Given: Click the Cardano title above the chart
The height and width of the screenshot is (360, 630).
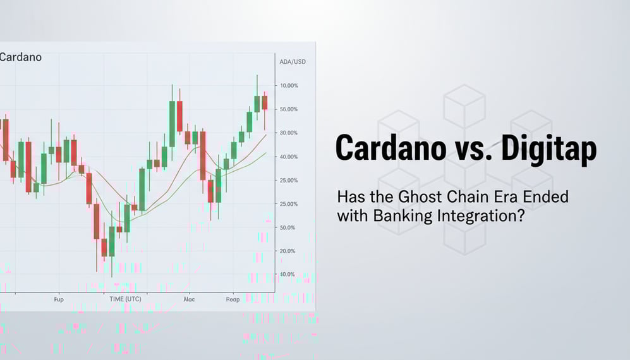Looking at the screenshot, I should click(21, 57).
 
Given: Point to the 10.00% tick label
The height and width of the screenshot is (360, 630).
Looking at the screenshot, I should click(288, 85).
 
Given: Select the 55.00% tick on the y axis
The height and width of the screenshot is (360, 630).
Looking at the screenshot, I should click(288, 109).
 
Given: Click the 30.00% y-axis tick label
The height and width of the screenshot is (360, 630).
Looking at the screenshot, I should click(288, 133).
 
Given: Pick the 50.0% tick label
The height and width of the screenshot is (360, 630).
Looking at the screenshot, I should click(287, 227).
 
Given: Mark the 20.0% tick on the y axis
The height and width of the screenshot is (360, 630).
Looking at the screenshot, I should click(287, 251).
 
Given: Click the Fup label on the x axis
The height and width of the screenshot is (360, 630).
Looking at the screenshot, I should click(59, 299).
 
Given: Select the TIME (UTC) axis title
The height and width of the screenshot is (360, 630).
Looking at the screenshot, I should click(125, 299).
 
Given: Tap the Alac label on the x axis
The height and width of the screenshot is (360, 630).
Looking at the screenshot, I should click(188, 299).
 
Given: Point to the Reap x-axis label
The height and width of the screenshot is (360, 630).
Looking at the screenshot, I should click(233, 299).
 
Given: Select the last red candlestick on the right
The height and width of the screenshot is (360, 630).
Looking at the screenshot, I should click(265, 103).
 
